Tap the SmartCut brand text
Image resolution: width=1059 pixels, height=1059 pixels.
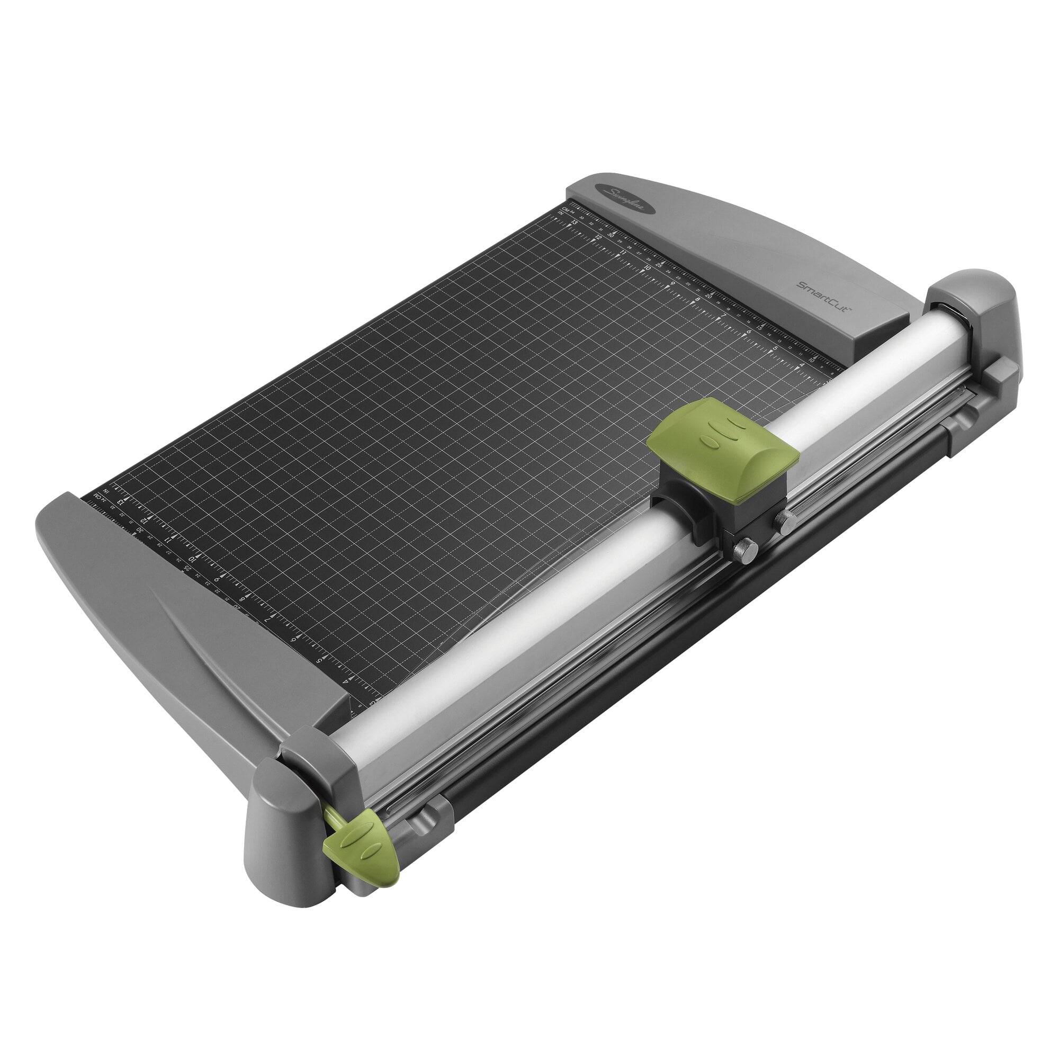(823, 297)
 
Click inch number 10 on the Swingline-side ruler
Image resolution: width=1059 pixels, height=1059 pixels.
(648, 267)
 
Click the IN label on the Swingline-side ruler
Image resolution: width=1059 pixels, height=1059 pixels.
(561, 213)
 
